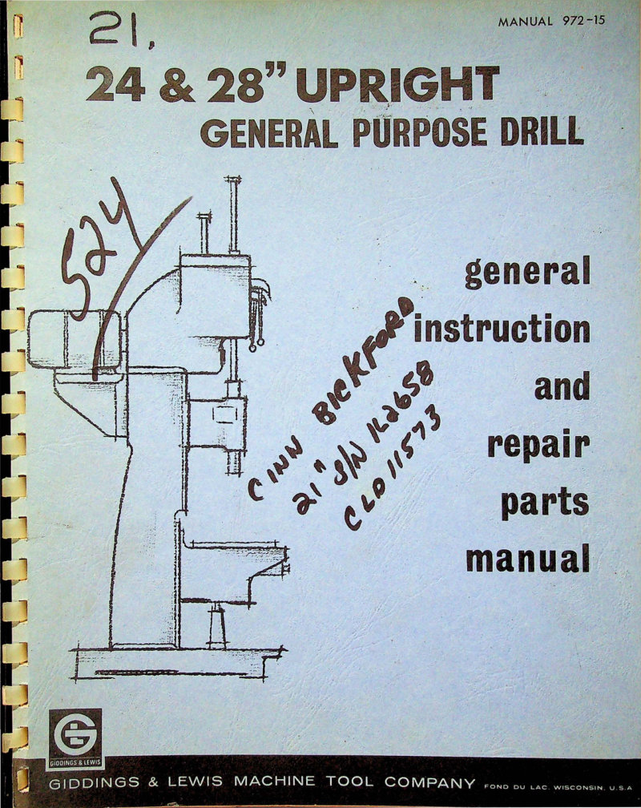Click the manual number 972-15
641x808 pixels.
(x=583, y=21)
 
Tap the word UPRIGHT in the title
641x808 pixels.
(x=397, y=83)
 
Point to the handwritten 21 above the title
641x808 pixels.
(x=119, y=32)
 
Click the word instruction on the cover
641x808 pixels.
(x=502, y=329)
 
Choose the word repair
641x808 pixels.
(x=538, y=445)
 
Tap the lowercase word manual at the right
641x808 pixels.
(x=528, y=559)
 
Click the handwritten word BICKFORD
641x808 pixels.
(x=366, y=361)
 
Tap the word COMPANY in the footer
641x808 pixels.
(x=429, y=782)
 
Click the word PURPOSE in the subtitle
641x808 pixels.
(x=419, y=132)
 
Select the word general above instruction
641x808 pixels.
(x=528, y=273)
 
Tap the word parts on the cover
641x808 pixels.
(x=545, y=503)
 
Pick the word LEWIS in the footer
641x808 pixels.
(x=196, y=782)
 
